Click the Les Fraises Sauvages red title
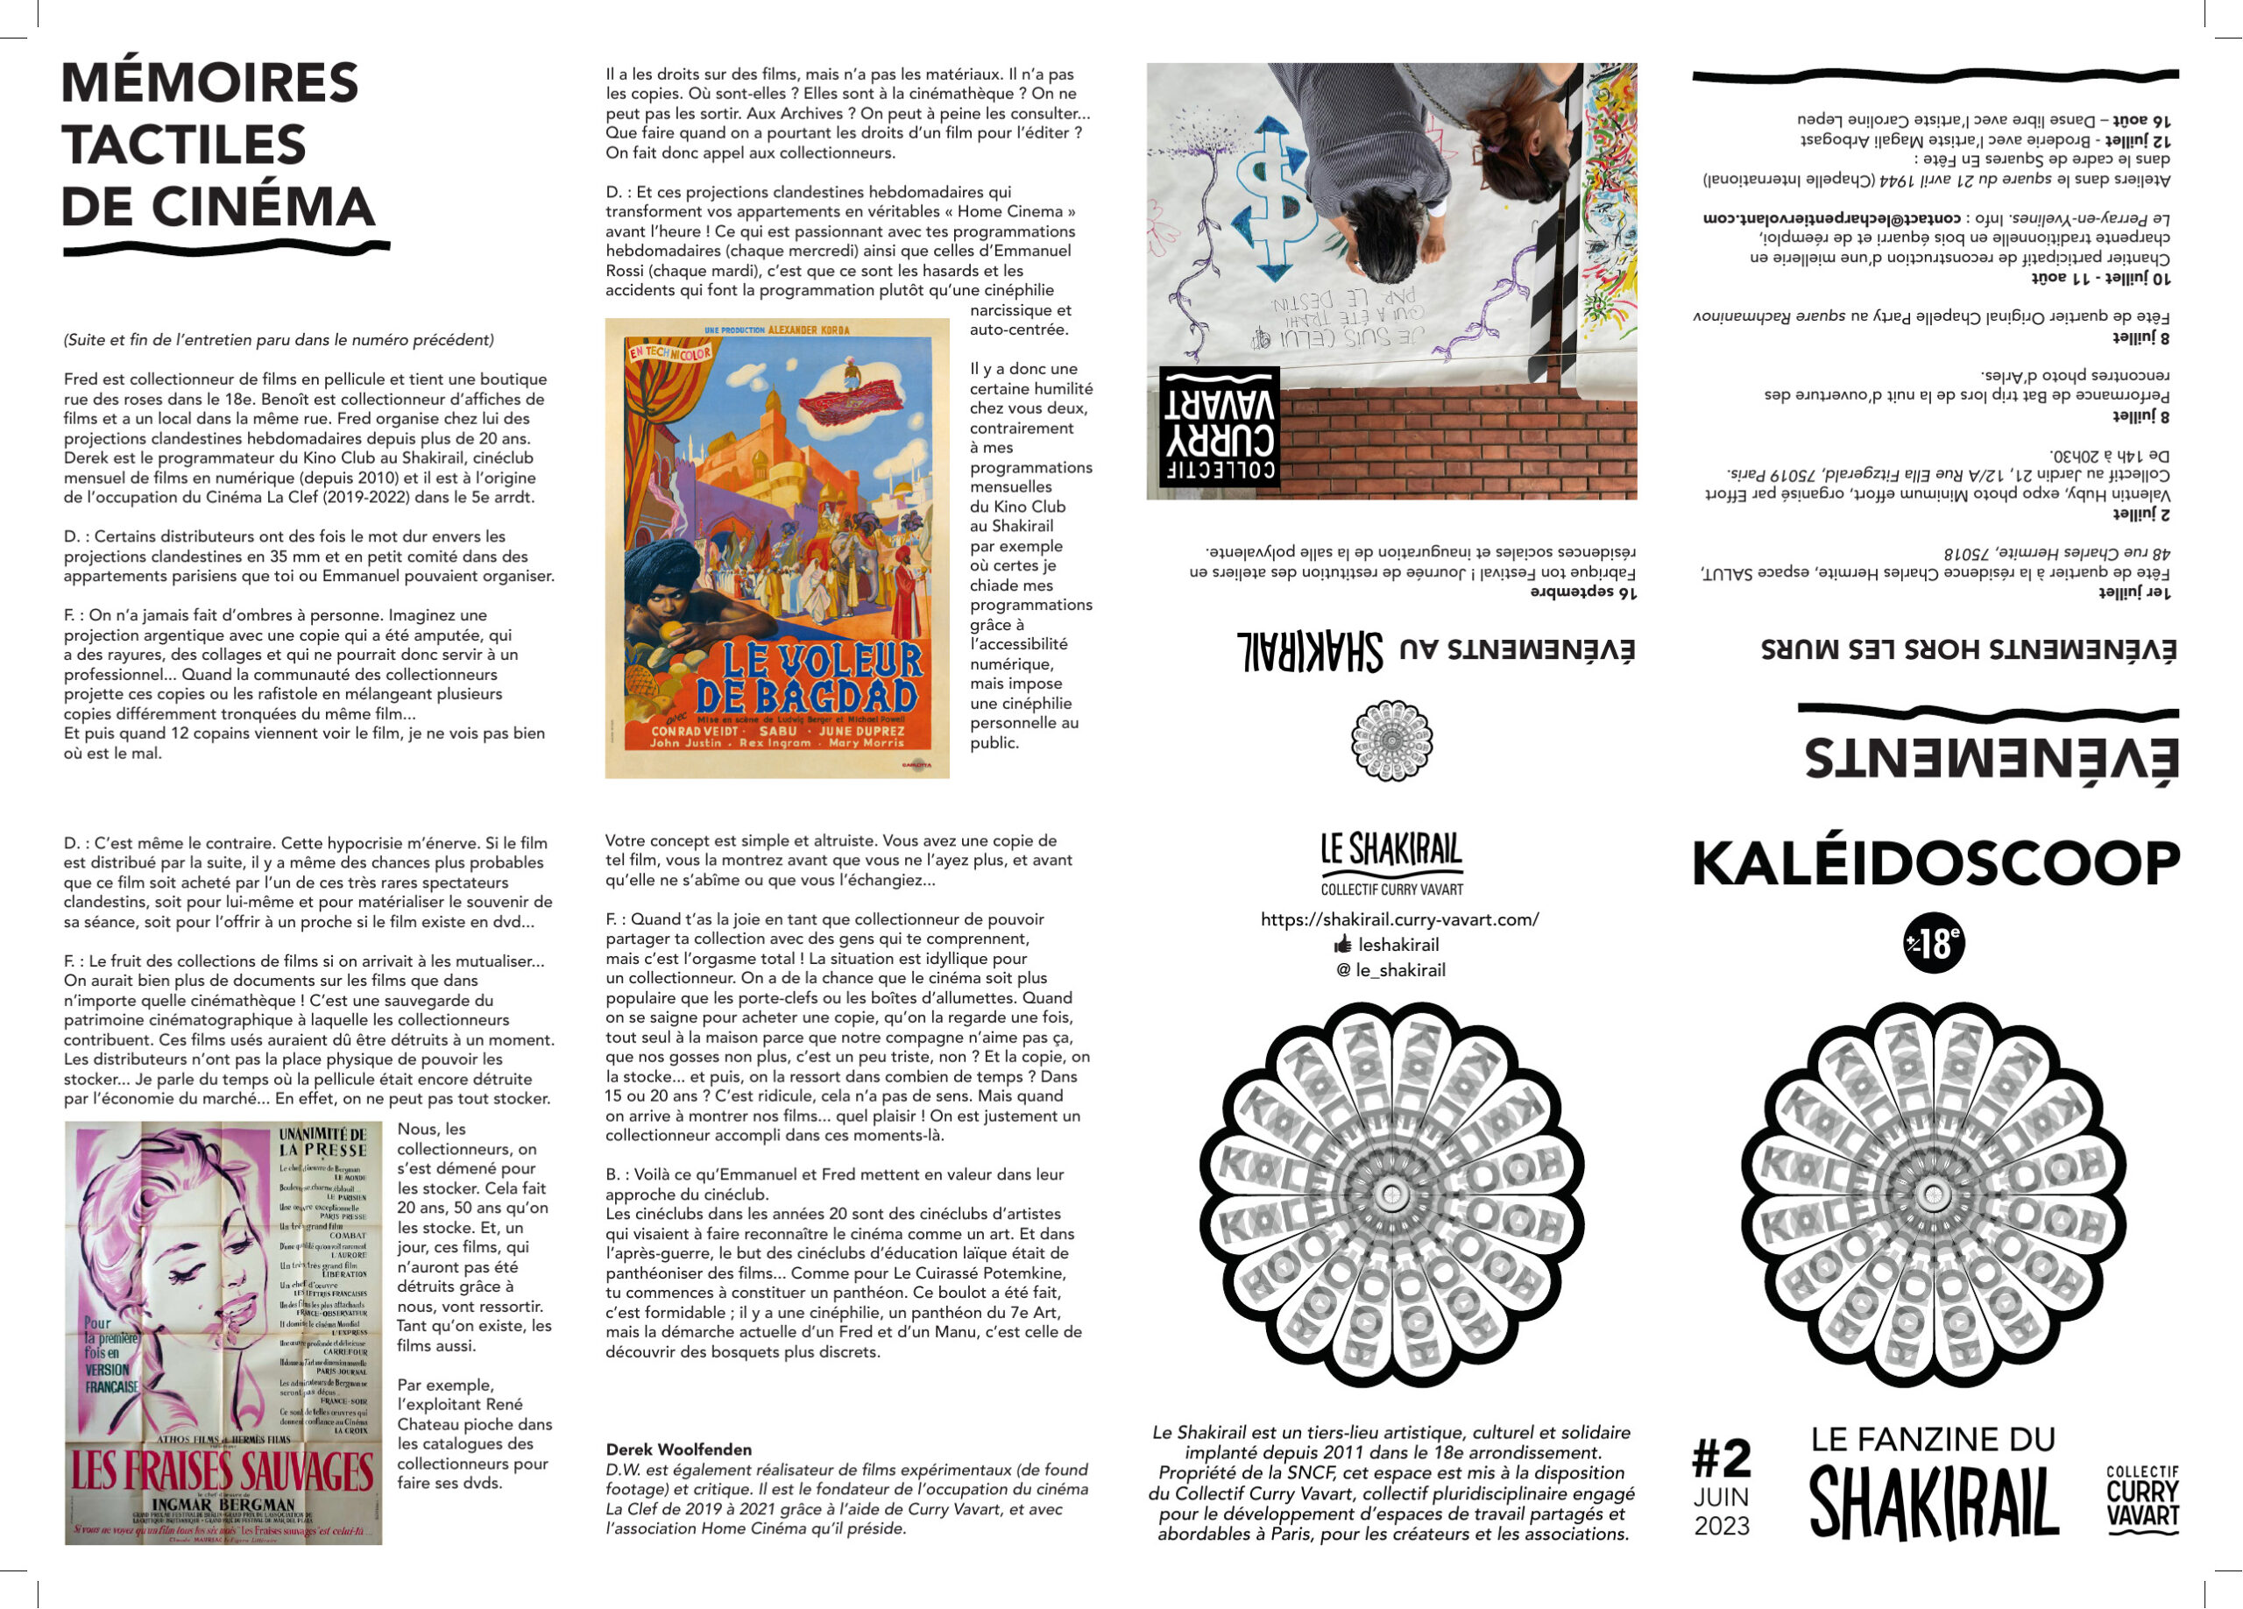coord(223,1471)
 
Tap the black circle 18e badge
coord(1934,944)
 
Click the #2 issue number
coord(1721,1457)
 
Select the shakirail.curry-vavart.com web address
coord(1399,919)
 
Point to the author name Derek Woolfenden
coord(678,1449)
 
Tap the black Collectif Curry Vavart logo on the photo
coord(1220,427)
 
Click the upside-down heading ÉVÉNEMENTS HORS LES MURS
coord(1968,649)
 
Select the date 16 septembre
coord(1583,592)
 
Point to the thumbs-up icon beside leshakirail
coord(1342,945)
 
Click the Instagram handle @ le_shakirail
coord(1390,970)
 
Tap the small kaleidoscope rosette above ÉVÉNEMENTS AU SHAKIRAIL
coord(1391,740)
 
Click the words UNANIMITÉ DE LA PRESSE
coord(322,1141)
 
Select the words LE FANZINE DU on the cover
coord(1933,1439)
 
